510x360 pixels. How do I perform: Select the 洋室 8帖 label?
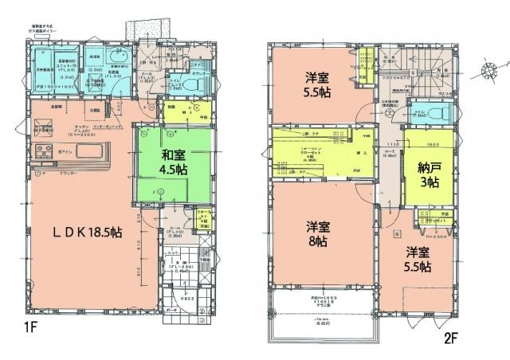pyautogui.click(x=317, y=232)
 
